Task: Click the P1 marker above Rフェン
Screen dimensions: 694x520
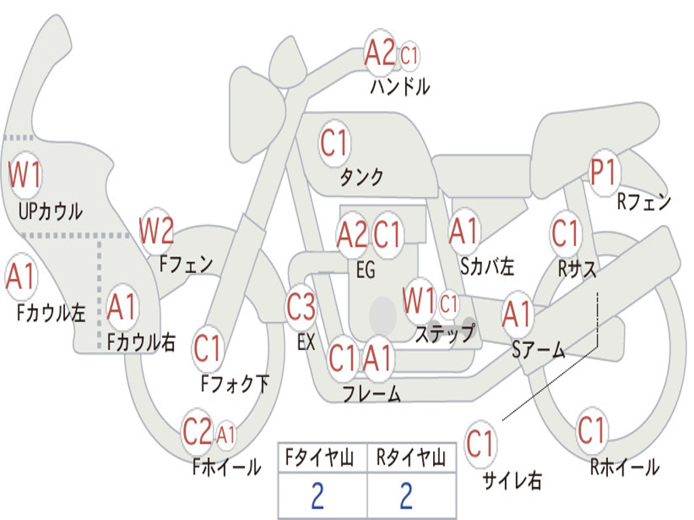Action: coord(605,173)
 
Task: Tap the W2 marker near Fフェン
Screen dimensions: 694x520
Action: coord(157,231)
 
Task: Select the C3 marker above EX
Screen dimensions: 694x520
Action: coord(301,307)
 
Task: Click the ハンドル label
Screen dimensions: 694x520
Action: coord(400,86)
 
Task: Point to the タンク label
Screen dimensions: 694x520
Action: coord(361,177)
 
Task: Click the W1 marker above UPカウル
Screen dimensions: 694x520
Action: coord(25,175)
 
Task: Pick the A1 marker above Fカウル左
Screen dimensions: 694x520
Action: coord(20,277)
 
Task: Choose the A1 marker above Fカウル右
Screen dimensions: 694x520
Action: coord(122,307)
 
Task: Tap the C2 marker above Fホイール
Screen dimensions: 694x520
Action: coord(197,431)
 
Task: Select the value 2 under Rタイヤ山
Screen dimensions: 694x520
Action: coord(407,496)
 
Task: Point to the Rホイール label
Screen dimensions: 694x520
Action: coord(624,467)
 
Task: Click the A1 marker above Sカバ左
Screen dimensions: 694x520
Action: coord(464,232)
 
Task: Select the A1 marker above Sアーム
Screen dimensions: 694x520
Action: coord(516,314)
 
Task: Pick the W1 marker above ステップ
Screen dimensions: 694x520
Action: coord(419,301)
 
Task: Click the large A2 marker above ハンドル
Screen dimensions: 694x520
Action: coord(380,52)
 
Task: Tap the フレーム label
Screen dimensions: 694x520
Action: coord(372,393)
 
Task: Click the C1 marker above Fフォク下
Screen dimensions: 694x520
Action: coord(207,349)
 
